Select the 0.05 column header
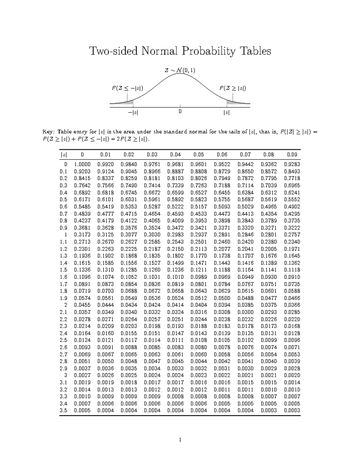coord(199,155)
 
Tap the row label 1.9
coord(63,298)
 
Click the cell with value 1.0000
coord(82,164)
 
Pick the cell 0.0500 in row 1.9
coord(222,298)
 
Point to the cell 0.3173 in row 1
coord(82,235)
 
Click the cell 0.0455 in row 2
coord(82,305)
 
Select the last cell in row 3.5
coord(292,410)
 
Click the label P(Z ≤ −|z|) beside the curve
coord(127,88)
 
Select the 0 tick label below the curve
coord(180,112)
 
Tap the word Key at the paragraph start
coord(49,132)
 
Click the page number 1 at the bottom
coord(180,440)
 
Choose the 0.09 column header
coord(292,155)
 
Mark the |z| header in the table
coord(64,155)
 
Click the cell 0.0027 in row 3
coord(82,375)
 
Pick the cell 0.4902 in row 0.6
coord(292,207)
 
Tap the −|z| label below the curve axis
coord(133,113)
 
